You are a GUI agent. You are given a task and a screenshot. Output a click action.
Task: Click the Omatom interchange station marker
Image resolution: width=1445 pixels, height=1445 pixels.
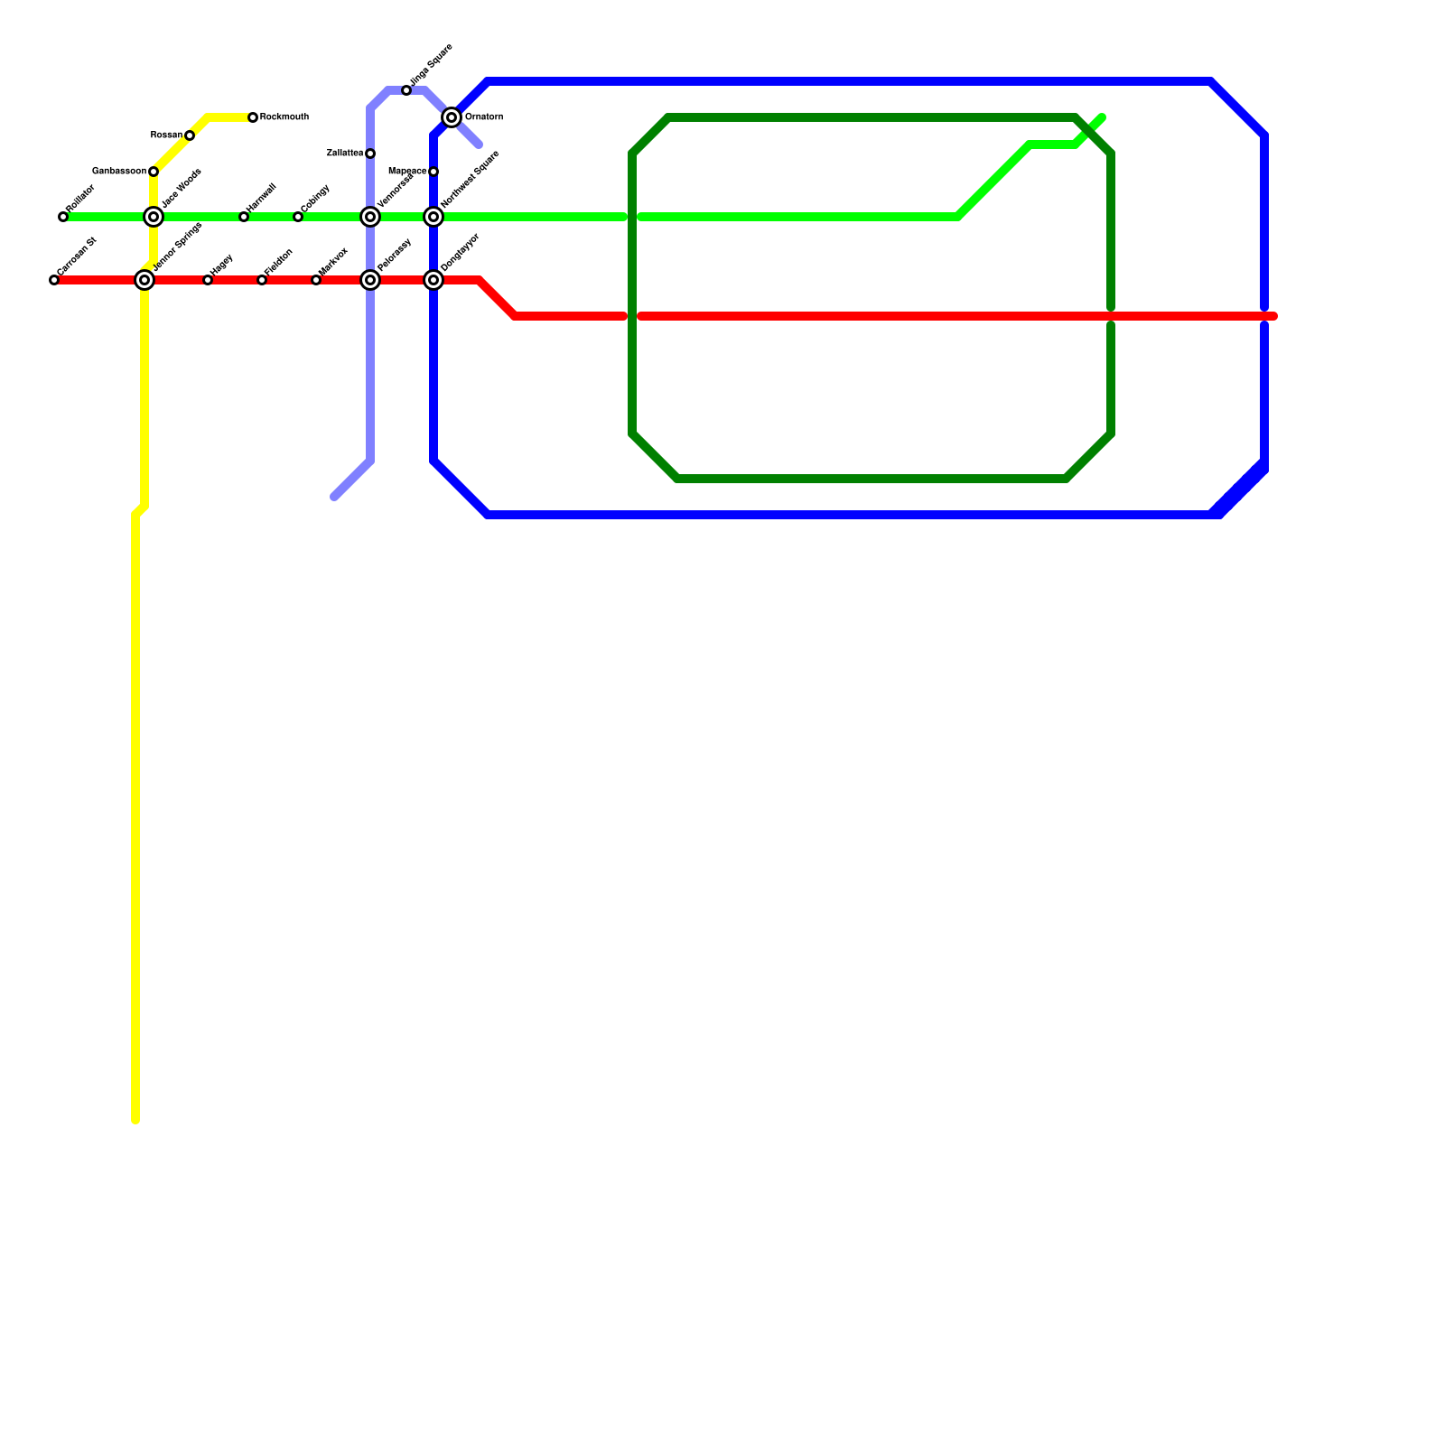[452, 117]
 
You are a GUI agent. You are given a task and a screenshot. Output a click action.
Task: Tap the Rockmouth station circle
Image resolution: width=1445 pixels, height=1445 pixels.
[253, 117]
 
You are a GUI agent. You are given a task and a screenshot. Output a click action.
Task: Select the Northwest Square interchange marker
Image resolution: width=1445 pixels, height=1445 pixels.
[433, 217]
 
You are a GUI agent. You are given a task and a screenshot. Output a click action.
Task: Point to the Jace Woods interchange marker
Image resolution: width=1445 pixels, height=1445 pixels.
[154, 217]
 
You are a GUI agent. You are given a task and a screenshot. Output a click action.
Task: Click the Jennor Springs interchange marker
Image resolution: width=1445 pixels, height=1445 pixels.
[144, 280]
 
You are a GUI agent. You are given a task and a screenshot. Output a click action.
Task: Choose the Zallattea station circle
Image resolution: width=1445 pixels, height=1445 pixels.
[370, 154]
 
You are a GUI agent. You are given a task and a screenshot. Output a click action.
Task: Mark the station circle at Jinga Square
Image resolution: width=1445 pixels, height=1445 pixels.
[406, 90]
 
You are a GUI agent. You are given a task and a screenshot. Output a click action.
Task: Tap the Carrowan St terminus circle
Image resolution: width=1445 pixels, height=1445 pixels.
[54, 280]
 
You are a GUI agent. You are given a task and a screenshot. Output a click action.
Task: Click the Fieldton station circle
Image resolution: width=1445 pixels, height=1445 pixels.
[262, 280]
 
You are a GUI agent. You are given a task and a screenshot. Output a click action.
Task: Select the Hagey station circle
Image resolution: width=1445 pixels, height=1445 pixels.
[208, 280]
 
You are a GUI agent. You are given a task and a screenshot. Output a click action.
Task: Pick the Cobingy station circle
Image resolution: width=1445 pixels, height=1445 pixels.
[298, 217]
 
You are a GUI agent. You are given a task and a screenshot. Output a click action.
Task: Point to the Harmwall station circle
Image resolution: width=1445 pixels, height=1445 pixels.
[244, 217]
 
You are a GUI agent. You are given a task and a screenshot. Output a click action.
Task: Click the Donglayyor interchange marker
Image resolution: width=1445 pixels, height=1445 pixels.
[433, 280]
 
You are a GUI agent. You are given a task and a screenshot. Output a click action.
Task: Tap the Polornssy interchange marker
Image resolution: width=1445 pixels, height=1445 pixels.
[370, 280]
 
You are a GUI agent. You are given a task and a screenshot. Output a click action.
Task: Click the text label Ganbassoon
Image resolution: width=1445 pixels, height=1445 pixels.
[119, 172]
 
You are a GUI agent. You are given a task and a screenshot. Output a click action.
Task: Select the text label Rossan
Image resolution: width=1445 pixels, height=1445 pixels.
[166, 135]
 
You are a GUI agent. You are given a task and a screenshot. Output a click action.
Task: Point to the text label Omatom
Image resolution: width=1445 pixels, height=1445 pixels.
[483, 117]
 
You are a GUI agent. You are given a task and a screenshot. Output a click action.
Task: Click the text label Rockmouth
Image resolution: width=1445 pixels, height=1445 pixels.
[284, 117]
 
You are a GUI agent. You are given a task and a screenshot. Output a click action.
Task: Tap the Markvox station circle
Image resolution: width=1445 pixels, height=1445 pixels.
[316, 280]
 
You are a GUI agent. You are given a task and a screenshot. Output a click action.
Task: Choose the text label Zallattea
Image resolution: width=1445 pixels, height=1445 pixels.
[345, 154]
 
